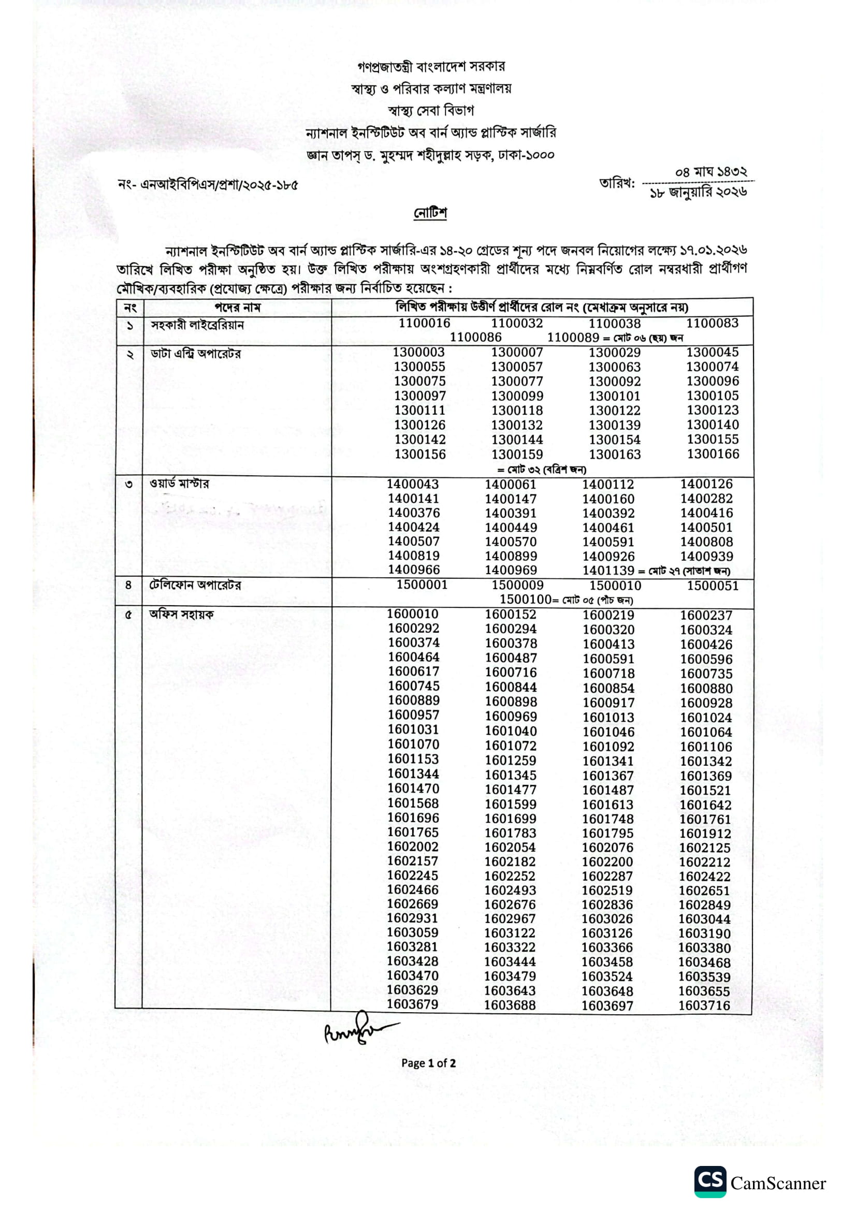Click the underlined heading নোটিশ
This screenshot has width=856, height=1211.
[430, 213]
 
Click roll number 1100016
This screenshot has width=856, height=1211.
[424, 323]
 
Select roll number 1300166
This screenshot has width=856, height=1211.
[713, 454]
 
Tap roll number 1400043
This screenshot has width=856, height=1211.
[412, 484]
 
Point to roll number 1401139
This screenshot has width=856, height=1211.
[608, 570]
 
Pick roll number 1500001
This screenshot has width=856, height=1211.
[422, 585]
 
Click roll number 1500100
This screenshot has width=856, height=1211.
[525, 599]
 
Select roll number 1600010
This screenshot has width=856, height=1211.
[412, 614]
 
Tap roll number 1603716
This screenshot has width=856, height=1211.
[704, 1005]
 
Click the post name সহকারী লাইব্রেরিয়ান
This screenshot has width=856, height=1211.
[197, 325]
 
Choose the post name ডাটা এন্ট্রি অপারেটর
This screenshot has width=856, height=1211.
[196, 354]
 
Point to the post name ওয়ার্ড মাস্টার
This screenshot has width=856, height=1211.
[179, 483]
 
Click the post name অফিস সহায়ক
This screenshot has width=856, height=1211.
[181, 614]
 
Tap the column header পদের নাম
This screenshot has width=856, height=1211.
[237, 307]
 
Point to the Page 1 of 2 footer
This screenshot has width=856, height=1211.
[428, 1063]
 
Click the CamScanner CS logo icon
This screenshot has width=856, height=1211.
[710, 1181]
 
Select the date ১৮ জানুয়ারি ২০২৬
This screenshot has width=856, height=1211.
[698, 193]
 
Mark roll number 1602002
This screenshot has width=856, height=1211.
[412, 847]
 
